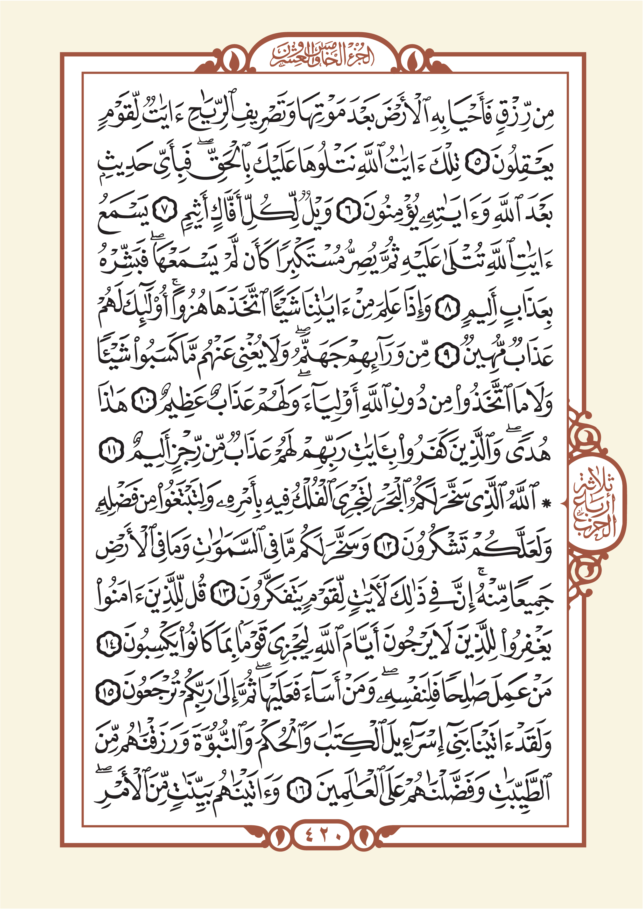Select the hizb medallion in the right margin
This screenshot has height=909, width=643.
597,503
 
